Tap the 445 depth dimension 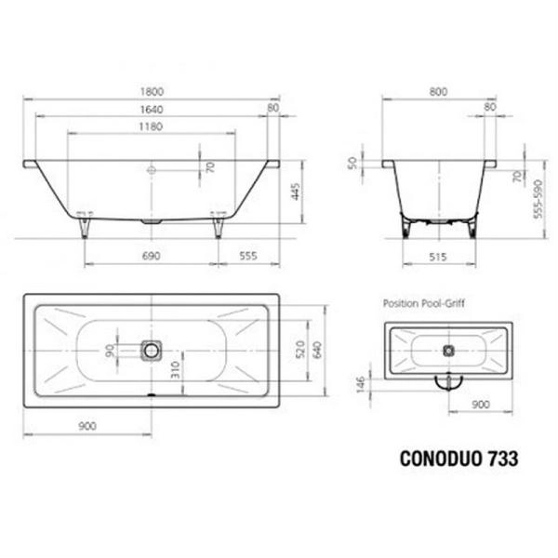click(x=295, y=191)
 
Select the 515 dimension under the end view click(x=441, y=254)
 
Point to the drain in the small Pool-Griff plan click(x=448, y=352)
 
